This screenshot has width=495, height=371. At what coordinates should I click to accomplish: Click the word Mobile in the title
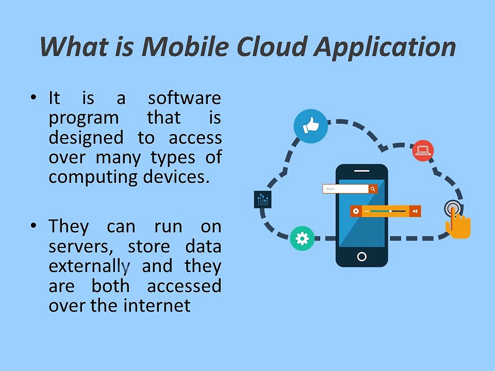click(x=189, y=47)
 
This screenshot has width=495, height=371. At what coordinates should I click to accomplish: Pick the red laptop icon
click(x=423, y=150)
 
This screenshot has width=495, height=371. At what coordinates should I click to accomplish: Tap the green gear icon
click(x=302, y=239)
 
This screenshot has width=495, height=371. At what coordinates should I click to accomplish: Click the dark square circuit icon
click(x=263, y=199)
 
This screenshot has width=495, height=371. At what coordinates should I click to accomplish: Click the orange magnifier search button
click(x=373, y=189)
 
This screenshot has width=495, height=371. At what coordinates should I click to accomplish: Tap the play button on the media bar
click(x=355, y=211)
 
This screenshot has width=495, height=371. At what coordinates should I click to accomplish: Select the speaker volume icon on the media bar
click(x=415, y=211)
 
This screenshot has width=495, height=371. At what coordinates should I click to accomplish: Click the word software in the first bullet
click(x=185, y=98)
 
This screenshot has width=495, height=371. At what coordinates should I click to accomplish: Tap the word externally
click(x=88, y=266)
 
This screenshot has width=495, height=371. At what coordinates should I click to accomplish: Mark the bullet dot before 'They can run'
click(x=34, y=226)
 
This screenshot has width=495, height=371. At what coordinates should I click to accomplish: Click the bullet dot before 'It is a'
click(x=34, y=97)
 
